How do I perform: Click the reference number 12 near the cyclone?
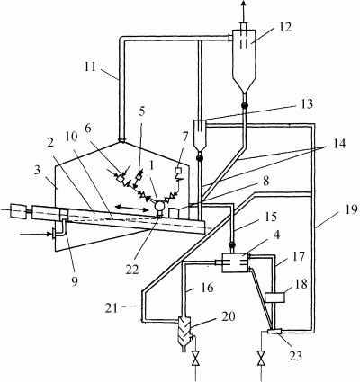[284, 27]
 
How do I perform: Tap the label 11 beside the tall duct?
[90, 67]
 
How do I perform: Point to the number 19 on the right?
[351, 209]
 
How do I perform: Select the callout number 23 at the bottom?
[295, 356]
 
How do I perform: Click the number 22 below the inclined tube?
[132, 270]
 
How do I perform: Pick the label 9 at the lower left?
[75, 280]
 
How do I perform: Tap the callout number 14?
[339, 143]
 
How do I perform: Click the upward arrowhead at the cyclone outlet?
[244, 4]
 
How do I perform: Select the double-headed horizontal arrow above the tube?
[132, 208]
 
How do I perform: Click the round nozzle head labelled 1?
[159, 207]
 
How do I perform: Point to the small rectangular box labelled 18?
[275, 298]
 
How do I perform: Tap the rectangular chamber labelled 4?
[235, 262]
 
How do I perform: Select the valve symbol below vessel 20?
[196, 359]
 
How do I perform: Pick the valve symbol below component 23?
[262, 359]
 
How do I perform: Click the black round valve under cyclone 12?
[244, 105]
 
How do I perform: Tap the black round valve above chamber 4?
[231, 244]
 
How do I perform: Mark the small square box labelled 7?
[177, 170]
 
